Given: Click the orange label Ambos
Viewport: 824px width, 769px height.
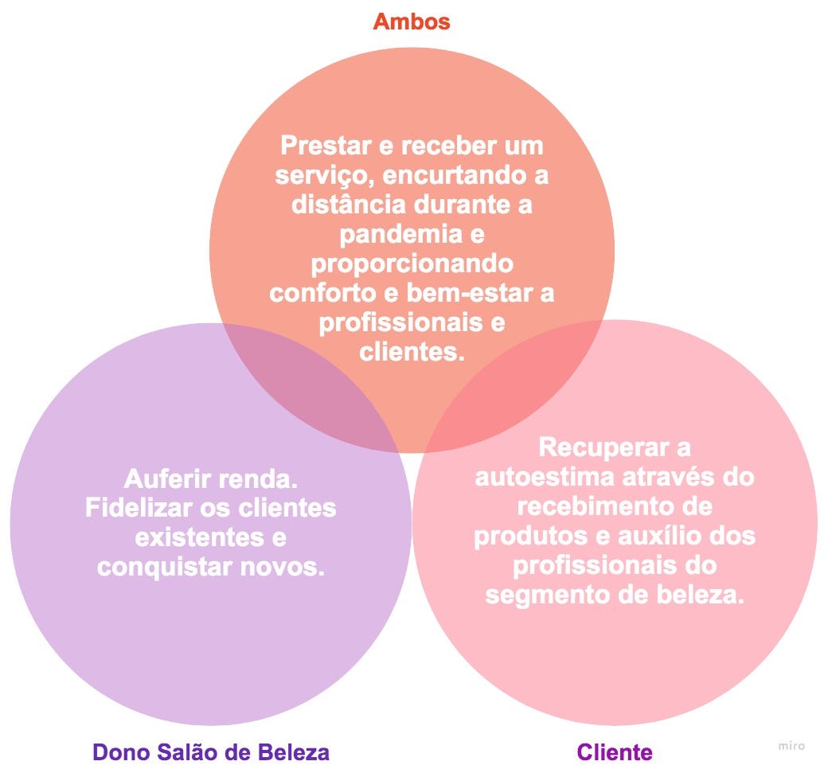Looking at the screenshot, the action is (x=412, y=21).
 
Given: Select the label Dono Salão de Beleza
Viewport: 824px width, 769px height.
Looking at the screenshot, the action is (x=211, y=751).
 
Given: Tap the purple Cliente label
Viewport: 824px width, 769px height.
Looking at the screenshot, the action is (x=614, y=751).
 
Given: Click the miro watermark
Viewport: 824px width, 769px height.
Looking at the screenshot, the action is (x=791, y=746).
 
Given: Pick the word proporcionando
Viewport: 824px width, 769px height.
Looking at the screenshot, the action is (x=412, y=263).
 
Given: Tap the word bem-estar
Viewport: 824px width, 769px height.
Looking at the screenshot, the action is (x=473, y=292).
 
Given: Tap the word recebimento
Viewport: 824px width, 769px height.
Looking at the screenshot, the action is (x=594, y=506).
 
